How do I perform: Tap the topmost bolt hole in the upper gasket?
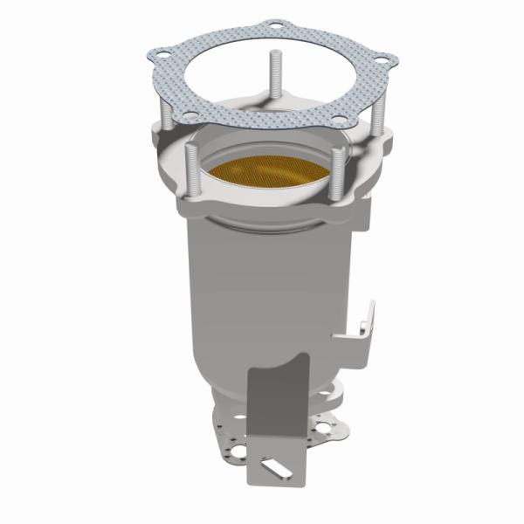[x=276, y=26]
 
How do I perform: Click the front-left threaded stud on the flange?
[x=189, y=175]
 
